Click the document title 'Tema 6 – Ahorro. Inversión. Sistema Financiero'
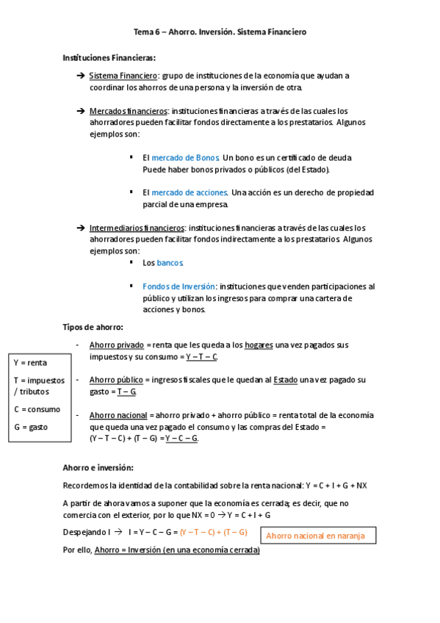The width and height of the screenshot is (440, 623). click(x=220, y=32)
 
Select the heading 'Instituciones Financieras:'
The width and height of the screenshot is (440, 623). click(x=109, y=57)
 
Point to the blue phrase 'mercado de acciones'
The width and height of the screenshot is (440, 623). click(x=189, y=192)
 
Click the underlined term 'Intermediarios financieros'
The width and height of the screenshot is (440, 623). click(x=137, y=228)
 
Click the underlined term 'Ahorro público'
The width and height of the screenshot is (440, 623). click(x=116, y=380)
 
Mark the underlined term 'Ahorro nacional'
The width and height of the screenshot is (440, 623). click(x=118, y=415)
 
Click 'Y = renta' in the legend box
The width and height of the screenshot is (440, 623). click(x=31, y=362)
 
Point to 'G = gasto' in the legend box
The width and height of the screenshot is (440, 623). click(x=32, y=426)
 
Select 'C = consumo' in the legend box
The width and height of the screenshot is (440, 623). click(x=37, y=409)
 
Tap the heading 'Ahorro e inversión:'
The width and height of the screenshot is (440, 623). click(x=98, y=467)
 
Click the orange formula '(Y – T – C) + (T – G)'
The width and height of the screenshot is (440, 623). click(x=213, y=532)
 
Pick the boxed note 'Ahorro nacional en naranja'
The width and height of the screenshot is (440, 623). click(x=315, y=536)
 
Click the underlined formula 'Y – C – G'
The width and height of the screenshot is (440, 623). click(x=181, y=439)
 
